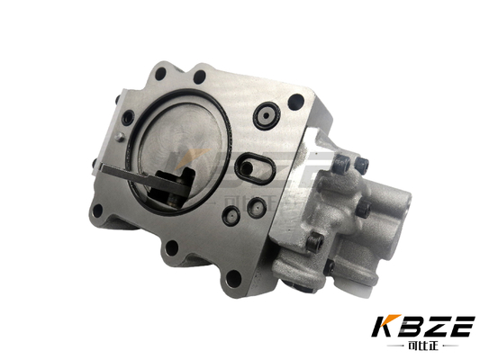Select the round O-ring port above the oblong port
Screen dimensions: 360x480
pyautogui.click(x=266, y=115)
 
